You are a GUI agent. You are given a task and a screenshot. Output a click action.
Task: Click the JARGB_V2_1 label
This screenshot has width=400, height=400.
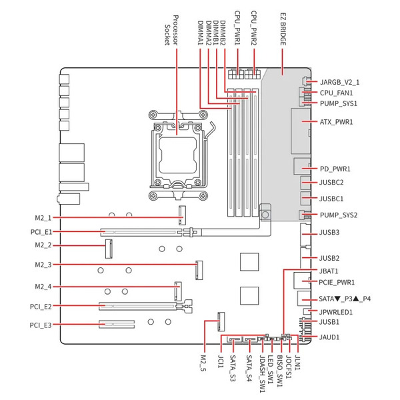pyautogui.click(x=340, y=82)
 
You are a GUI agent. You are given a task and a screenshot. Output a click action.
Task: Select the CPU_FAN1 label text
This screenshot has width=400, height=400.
pyautogui.click(x=337, y=93)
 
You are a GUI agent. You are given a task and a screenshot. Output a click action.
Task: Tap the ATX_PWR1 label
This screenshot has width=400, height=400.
pyautogui.click(x=337, y=122)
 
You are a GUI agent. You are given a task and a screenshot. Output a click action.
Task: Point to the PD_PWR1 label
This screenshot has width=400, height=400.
pyautogui.click(x=335, y=169)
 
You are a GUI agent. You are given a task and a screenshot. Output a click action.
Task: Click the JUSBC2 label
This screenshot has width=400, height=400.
pyautogui.click(x=331, y=182)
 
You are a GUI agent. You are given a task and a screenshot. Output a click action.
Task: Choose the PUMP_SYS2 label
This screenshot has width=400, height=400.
pyautogui.click(x=339, y=215)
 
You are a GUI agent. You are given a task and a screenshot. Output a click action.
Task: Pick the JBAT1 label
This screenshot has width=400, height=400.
pyautogui.click(x=329, y=271)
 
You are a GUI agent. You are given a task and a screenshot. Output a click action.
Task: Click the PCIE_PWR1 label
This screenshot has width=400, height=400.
pyautogui.click(x=337, y=283)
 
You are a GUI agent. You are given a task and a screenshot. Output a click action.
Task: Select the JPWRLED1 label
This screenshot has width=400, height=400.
pyautogui.click(x=336, y=311)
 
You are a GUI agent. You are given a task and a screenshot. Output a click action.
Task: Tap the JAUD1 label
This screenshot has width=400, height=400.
pyautogui.click(x=329, y=337)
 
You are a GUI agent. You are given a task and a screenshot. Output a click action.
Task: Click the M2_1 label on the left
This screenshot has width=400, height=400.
pyautogui.click(x=43, y=218)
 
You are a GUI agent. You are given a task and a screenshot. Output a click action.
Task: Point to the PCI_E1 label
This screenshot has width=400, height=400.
pyautogui.click(x=41, y=232)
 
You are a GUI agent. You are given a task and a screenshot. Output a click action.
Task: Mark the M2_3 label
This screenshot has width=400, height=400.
pyautogui.click(x=43, y=265)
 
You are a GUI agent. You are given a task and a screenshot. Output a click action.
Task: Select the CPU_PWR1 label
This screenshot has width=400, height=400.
pyautogui.click(x=238, y=27)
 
